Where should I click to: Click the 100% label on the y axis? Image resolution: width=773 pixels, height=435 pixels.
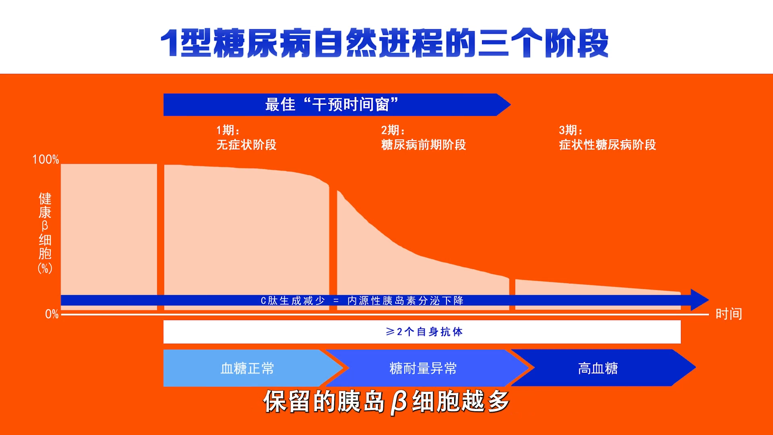pyautogui.click(x=45, y=159)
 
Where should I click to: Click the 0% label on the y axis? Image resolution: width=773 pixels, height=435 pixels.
pyautogui.click(x=52, y=314)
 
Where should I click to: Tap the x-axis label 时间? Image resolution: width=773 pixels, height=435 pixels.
pyautogui.click(x=728, y=314)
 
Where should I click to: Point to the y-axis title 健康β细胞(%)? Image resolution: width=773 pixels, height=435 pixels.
pyautogui.click(x=45, y=233)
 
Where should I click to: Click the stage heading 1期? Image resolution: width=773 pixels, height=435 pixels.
pyautogui.click(x=228, y=130)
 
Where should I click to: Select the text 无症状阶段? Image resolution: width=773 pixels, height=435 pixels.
pyautogui.click(x=246, y=145)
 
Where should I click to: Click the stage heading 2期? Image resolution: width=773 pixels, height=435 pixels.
pyautogui.click(x=393, y=130)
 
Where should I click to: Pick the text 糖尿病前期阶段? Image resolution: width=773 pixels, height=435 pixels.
pyautogui.click(x=423, y=145)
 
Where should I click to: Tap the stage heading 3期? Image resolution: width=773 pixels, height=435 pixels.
pyautogui.click(x=570, y=130)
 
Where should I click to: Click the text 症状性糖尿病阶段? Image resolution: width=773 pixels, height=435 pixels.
pyautogui.click(x=607, y=145)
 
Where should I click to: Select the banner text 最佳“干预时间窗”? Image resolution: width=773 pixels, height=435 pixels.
pyautogui.click(x=331, y=105)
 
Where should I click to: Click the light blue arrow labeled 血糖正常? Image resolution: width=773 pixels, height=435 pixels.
pyautogui.click(x=247, y=368)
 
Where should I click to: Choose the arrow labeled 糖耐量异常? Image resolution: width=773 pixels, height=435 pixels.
pyautogui.click(x=423, y=368)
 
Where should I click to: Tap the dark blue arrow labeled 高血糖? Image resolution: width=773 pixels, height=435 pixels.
pyautogui.click(x=598, y=368)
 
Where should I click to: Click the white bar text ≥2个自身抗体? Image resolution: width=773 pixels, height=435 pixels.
pyautogui.click(x=424, y=332)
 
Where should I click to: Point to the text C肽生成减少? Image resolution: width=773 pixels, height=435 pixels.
pyautogui.click(x=293, y=301)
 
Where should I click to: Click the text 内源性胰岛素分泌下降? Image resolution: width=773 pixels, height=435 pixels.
pyautogui.click(x=405, y=301)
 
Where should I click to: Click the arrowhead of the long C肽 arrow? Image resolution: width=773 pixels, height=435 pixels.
pyautogui.click(x=700, y=300)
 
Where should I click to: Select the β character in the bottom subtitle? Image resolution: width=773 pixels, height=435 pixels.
pyautogui.click(x=399, y=402)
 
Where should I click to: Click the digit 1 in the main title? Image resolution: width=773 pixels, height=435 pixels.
pyautogui.click(x=169, y=43)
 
